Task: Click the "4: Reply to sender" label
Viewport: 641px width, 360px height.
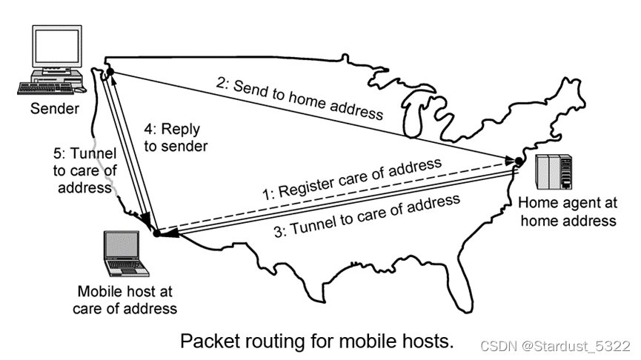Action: pyautogui.click(x=175, y=137)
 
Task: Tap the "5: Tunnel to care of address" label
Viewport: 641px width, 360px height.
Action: pyautogui.click(x=84, y=168)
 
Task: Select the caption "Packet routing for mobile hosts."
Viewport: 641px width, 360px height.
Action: pyautogui.click(x=316, y=341)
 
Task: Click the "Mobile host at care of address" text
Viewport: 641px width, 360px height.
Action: pyautogui.click(x=125, y=300)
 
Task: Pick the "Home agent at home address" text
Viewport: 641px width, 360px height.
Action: pyautogui.click(x=567, y=210)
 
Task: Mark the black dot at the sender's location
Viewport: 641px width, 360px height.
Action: pyautogui.click(x=109, y=70)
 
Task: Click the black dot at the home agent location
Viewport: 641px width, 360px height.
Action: pyautogui.click(x=519, y=161)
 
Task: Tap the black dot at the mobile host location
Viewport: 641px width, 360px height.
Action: pyautogui.click(x=156, y=233)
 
